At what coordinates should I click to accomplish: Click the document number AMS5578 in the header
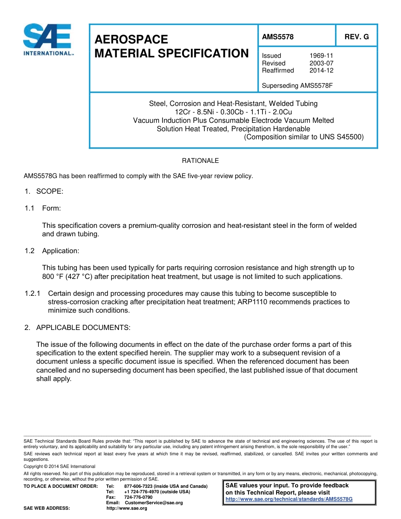pyautogui.click(x=277, y=37)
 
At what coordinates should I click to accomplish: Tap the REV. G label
pyautogui.click(x=356, y=37)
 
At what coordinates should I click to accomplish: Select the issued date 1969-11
pyautogui.click(x=321, y=56)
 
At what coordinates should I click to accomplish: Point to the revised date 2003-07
pyautogui.click(x=321, y=63)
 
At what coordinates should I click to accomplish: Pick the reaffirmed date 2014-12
pyautogui.click(x=321, y=70)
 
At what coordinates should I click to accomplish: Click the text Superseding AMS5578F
pyautogui.click(x=297, y=86)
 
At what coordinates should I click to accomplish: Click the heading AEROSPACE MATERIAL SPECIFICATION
pyautogui.click(x=171, y=46)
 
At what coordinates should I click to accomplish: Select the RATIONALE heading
pyautogui.click(x=200, y=161)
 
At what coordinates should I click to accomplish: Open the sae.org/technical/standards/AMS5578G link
pyautogui.click(x=289, y=499)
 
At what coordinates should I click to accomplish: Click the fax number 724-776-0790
pyautogui.click(x=138, y=497)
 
